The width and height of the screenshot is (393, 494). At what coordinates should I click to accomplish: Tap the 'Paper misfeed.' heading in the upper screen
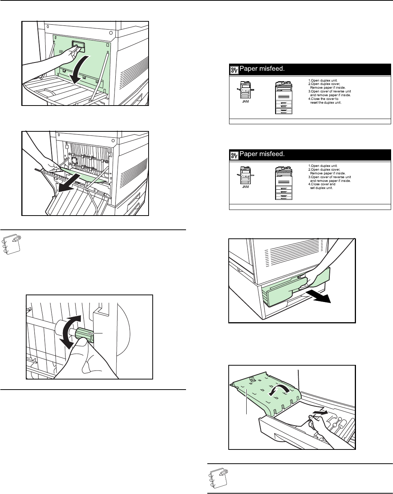[x=262, y=69]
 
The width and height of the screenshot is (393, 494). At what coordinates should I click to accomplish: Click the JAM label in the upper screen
[x=245, y=101]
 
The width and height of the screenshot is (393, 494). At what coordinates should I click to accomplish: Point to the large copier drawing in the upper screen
[x=284, y=97]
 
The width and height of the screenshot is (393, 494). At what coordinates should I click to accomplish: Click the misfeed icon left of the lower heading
[x=234, y=155]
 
